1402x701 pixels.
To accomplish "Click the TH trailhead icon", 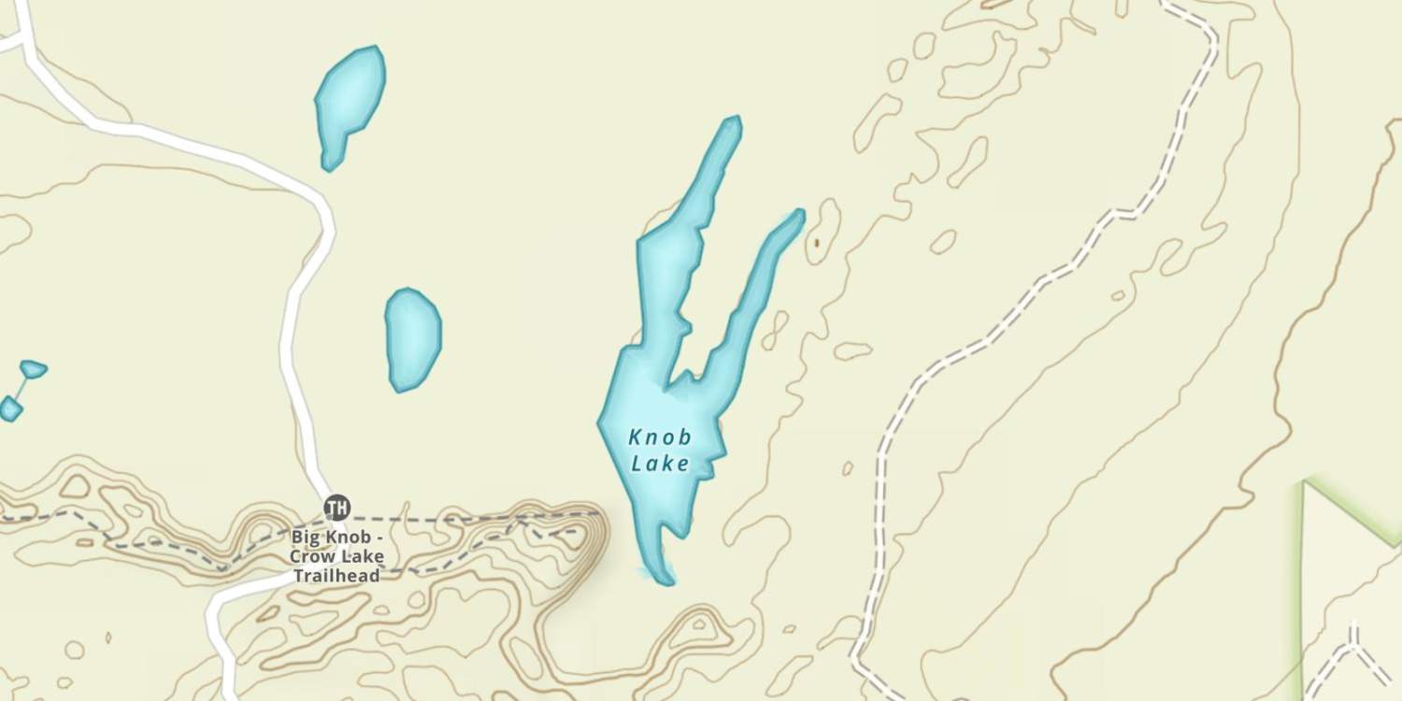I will [336, 508].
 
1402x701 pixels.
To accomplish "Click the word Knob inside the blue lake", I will [660, 437].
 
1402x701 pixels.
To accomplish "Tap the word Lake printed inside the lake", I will [660, 463].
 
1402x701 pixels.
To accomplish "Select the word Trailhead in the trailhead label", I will [336, 576].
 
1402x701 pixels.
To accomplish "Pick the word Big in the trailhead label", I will [307, 537].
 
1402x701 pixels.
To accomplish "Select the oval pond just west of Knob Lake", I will [412, 339].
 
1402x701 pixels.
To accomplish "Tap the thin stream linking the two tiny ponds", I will [21, 388].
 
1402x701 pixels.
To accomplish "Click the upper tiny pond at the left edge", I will [33, 369].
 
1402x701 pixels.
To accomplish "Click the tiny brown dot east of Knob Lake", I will [816, 243].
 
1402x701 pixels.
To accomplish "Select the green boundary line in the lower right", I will [1303, 579].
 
